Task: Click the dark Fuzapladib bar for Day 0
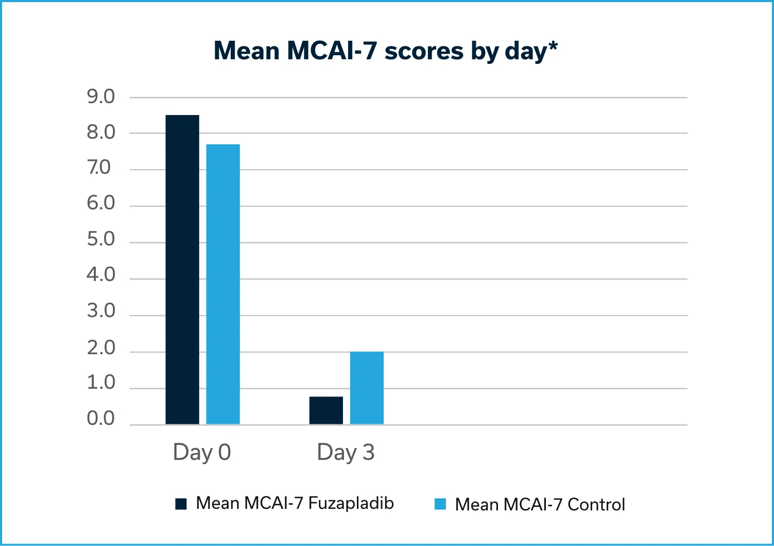(x=182, y=270)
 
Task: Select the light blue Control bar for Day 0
(x=223, y=284)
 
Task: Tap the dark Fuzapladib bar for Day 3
(x=326, y=410)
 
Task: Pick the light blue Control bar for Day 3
(x=367, y=388)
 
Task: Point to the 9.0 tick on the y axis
(x=101, y=96)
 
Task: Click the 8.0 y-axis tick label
(x=101, y=133)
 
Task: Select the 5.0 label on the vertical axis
(x=101, y=239)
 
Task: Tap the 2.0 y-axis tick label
(x=101, y=348)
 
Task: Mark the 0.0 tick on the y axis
(x=101, y=418)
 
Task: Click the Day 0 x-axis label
(x=202, y=452)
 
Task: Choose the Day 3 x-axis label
(x=346, y=452)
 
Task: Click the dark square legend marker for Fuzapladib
(x=181, y=504)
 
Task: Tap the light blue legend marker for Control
(x=440, y=504)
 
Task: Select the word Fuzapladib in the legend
(x=351, y=503)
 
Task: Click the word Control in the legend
(x=596, y=504)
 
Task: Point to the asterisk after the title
(x=553, y=46)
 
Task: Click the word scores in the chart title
(x=424, y=51)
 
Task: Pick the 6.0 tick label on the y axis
(x=101, y=203)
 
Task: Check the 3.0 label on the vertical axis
(x=101, y=311)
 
